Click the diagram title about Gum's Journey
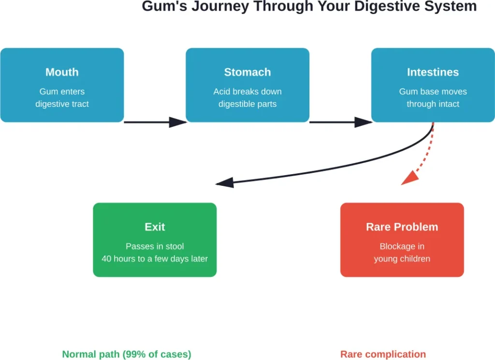click(x=309, y=7)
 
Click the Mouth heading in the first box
click(x=62, y=72)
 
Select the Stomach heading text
click(x=247, y=72)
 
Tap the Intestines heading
click(x=433, y=72)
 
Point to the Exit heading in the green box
click(x=155, y=227)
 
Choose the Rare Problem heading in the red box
click(x=402, y=227)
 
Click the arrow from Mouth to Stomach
click(x=155, y=122)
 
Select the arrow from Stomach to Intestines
click(x=340, y=122)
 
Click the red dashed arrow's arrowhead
click(x=409, y=178)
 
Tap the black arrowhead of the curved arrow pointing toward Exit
click(x=225, y=182)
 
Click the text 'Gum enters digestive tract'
click(x=62, y=98)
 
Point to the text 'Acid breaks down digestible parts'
click(x=247, y=98)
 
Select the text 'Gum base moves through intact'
click(x=433, y=98)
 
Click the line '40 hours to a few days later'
click(x=155, y=259)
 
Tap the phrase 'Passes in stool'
click(x=155, y=246)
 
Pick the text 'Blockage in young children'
click(x=402, y=253)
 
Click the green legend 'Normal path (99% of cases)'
click(x=127, y=354)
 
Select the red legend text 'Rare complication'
click(x=383, y=354)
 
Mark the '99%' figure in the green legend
click(x=131, y=354)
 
